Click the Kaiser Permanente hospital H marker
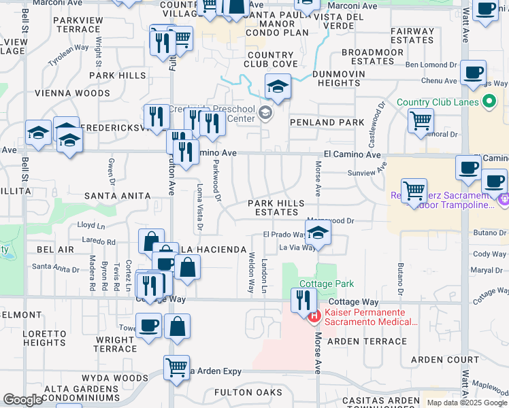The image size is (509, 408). (314, 316)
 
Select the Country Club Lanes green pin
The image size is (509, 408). (488, 103)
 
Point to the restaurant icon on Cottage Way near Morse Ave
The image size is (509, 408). (303, 300)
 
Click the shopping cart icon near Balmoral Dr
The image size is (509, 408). (421, 121)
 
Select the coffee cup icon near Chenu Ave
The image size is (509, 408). (473, 72)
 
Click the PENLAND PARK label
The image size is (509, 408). (323, 122)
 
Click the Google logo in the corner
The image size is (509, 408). (22, 400)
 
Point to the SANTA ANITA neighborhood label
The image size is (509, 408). (116, 196)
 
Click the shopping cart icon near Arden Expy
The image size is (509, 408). (176, 367)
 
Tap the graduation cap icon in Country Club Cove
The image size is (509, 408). (278, 86)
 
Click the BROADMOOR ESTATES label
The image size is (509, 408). (367, 56)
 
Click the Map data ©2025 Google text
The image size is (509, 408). (466, 403)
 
